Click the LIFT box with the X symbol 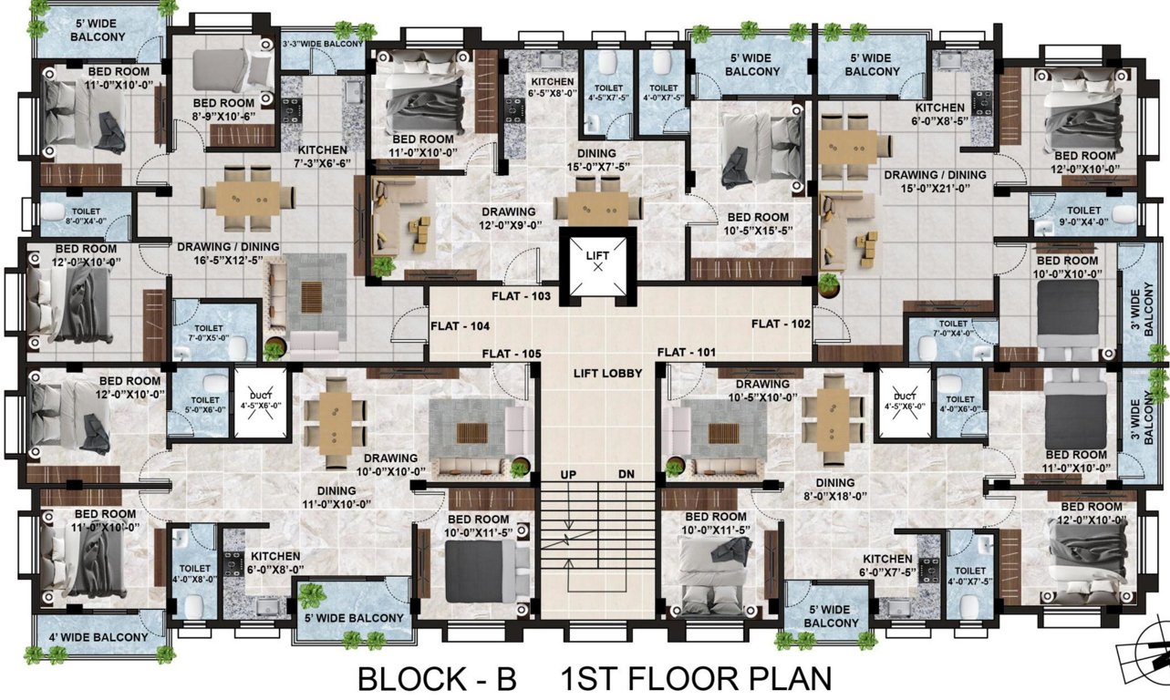(597, 262)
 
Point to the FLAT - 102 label (782, 324)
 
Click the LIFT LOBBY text (607, 373)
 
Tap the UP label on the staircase (568, 474)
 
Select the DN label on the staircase (626, 474)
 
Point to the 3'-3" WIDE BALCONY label (323, 44)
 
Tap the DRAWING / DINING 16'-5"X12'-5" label (227, 253)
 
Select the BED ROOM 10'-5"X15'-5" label (757, 224)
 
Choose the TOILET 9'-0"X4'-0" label (1083, 215)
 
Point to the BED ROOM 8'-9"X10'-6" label (223, 109)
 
